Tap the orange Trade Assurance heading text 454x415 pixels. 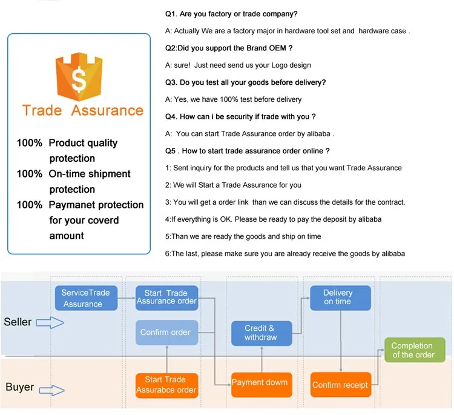83,111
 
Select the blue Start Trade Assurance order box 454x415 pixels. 166,297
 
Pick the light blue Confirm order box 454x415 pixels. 165,332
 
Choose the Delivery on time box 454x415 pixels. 337,297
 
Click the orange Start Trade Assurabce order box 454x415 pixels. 166,385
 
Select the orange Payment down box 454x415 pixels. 260,382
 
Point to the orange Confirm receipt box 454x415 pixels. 340,385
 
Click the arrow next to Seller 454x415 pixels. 50,322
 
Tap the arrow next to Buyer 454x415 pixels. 50,388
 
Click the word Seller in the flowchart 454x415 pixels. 18,322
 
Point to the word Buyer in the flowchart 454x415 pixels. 19,387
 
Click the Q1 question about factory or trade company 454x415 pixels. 231,13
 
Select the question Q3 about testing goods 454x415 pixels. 246,82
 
